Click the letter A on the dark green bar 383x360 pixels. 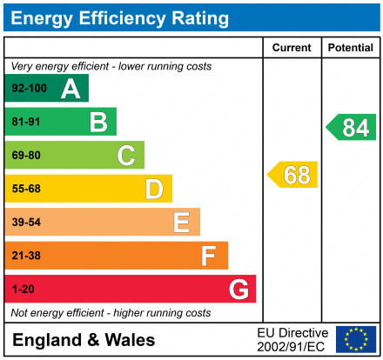pyautogui.click(x=71, y=89)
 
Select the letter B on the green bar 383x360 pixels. pyautogui.click(x=98, y=123)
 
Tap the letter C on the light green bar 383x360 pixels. pyautogui.click(x=126, y=156)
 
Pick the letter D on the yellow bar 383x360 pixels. pyautogui.click(x=154, y=189)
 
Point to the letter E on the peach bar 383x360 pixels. pyautogui.click(x=181, y=223)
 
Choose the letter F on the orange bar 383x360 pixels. pyautogui.click(x=209, y=256)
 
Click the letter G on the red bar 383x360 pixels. pyautogui.click(x=238, y=289)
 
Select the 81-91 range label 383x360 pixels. pyautogui.click(x=25, y=122)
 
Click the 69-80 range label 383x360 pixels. pyautogui.click(x=25, y=156)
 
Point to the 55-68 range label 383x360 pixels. pyautogui.click(x=25, y=189)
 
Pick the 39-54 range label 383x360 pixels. pyautogui.click(x=25, y=223)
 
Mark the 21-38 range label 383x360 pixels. pyautogui.click(x=25, y=256)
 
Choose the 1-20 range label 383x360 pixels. pyautogui.click(x=22, y=289)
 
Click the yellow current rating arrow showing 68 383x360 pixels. pyautogui.click(x=293, y=175)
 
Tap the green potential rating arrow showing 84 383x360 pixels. pyautogui.click(x=352, y=128)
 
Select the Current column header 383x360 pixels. pyautogui.click(x=292, y=48)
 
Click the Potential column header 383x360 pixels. pyautogui.click(x=350, y=48)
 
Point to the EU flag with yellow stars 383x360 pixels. pyautogui.click(x=356, y=339)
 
